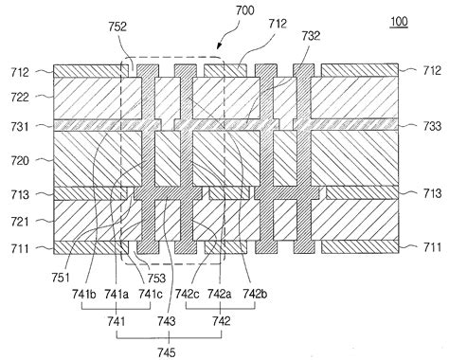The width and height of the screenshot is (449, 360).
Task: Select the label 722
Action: (x=20, y=98)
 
